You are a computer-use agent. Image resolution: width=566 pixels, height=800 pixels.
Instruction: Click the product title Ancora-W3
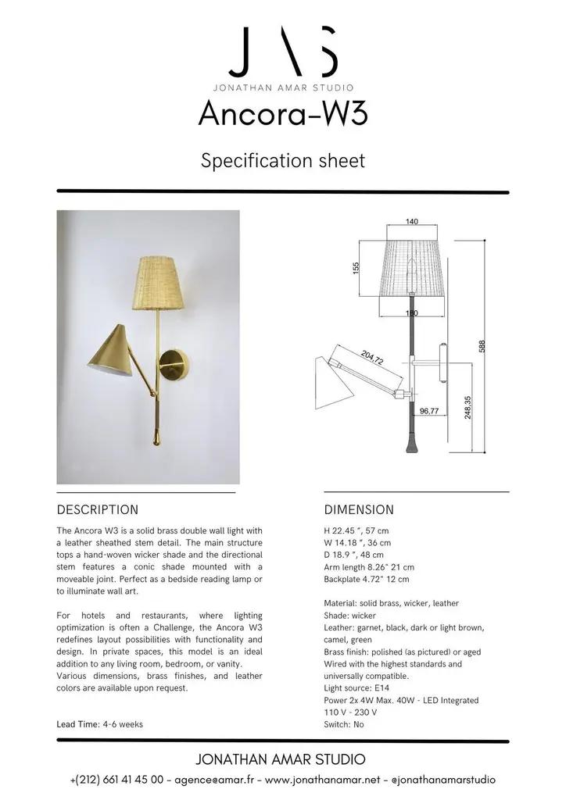pos(282,114)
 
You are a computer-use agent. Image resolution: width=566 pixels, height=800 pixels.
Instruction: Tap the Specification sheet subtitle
pos(282,161)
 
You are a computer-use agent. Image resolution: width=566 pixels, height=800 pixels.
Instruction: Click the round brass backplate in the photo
pos(172,364)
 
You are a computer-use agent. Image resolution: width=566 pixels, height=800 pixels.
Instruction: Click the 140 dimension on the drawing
pos(412,222)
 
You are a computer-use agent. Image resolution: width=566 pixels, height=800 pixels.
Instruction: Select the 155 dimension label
pos(356,267)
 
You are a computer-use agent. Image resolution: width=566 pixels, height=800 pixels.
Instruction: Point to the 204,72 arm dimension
pos(372,359)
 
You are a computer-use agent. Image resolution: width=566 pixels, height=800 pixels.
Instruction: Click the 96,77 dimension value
pos(429,409)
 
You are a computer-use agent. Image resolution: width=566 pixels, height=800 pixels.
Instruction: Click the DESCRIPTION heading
pos(98,510)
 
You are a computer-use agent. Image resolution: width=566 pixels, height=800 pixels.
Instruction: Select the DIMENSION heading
pos(359,510)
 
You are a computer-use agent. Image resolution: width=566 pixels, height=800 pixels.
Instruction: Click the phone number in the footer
pos(116,780)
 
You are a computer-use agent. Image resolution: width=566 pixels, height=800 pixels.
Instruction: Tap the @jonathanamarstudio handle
pos(442,780)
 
